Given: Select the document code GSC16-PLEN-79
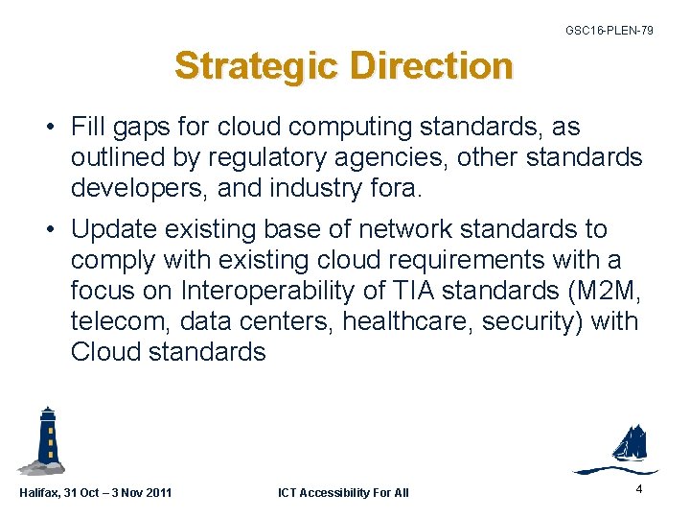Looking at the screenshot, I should (609, 31).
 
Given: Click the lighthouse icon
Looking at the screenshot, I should (44, 440).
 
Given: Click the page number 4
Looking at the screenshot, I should (638, 489).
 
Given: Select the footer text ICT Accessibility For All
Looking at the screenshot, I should (343, 493).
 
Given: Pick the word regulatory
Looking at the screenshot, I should (261, 157).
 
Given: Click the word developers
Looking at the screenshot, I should (137, 188).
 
